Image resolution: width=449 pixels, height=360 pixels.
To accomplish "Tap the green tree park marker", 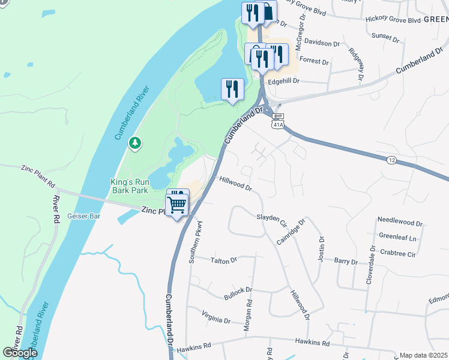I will coord(136,143).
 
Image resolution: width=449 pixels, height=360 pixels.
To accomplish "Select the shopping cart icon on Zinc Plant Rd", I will coord(178,204).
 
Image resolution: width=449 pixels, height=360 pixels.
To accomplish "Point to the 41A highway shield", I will coord(277,125).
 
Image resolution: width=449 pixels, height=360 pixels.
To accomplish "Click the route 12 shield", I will coord(391,160).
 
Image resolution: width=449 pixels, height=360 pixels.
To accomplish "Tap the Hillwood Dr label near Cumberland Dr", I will coord(235,184).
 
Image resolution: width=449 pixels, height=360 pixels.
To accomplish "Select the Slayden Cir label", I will coord(272,219).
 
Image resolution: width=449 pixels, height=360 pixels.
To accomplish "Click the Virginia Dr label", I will coord(216,318).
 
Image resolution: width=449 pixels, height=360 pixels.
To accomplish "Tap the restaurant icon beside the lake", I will coord(232,89).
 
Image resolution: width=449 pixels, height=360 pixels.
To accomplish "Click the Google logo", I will coord(20,353).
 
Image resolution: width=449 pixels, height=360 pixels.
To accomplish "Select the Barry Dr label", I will coord(346,262).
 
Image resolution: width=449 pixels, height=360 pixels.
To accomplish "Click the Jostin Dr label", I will coord(321,251).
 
